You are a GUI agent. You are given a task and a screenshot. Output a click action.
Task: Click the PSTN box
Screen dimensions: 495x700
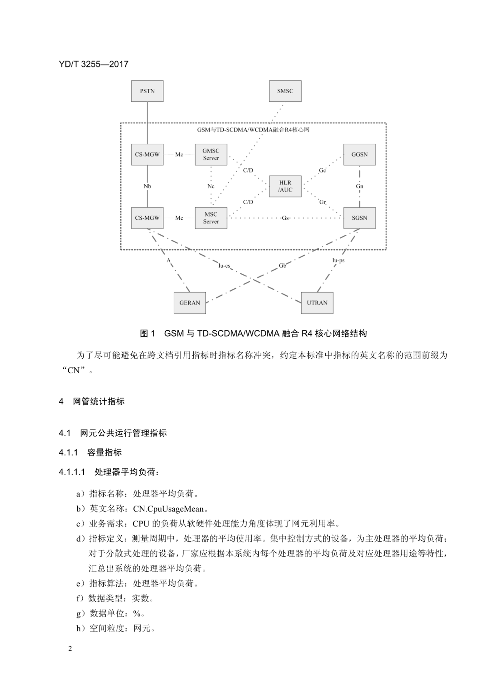[147, 91]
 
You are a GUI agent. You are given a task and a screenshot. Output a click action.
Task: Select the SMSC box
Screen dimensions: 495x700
[285, 91]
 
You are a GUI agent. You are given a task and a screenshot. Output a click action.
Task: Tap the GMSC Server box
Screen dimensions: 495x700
[211, 155]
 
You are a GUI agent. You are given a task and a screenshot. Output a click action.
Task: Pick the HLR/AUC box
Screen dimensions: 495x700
[285, 186]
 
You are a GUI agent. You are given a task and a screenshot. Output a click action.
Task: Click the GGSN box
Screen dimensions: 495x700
[359, 155]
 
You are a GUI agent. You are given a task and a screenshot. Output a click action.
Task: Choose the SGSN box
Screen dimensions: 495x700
[359, 218]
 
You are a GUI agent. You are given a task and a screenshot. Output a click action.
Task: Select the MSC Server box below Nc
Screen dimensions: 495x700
[211, 218]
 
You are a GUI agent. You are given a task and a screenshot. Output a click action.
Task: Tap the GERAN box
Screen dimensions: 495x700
[190, 303]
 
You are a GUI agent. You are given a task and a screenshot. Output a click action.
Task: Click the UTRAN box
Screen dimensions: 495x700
[317, 303]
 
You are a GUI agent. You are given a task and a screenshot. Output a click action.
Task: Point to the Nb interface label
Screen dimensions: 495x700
[147, 186]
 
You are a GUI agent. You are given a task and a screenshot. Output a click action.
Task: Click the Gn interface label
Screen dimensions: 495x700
[360, 186]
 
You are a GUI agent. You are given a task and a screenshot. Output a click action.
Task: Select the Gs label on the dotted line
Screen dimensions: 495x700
[285, 218]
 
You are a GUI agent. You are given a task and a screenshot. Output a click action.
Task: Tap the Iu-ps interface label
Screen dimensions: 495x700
[338, 260]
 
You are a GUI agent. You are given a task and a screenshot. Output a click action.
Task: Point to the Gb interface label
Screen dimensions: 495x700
[282, 266]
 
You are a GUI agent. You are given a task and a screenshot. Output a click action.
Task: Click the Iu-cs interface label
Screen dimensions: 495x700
[224, 266]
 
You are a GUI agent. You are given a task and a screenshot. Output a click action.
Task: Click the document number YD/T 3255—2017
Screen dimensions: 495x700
[94, 64]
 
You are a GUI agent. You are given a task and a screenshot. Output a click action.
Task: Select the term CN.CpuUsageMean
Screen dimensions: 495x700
[168, 509]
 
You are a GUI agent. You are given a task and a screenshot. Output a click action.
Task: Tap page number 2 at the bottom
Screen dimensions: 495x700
[70, 649]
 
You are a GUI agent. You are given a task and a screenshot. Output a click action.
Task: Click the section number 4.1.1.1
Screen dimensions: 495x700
[72, 472]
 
